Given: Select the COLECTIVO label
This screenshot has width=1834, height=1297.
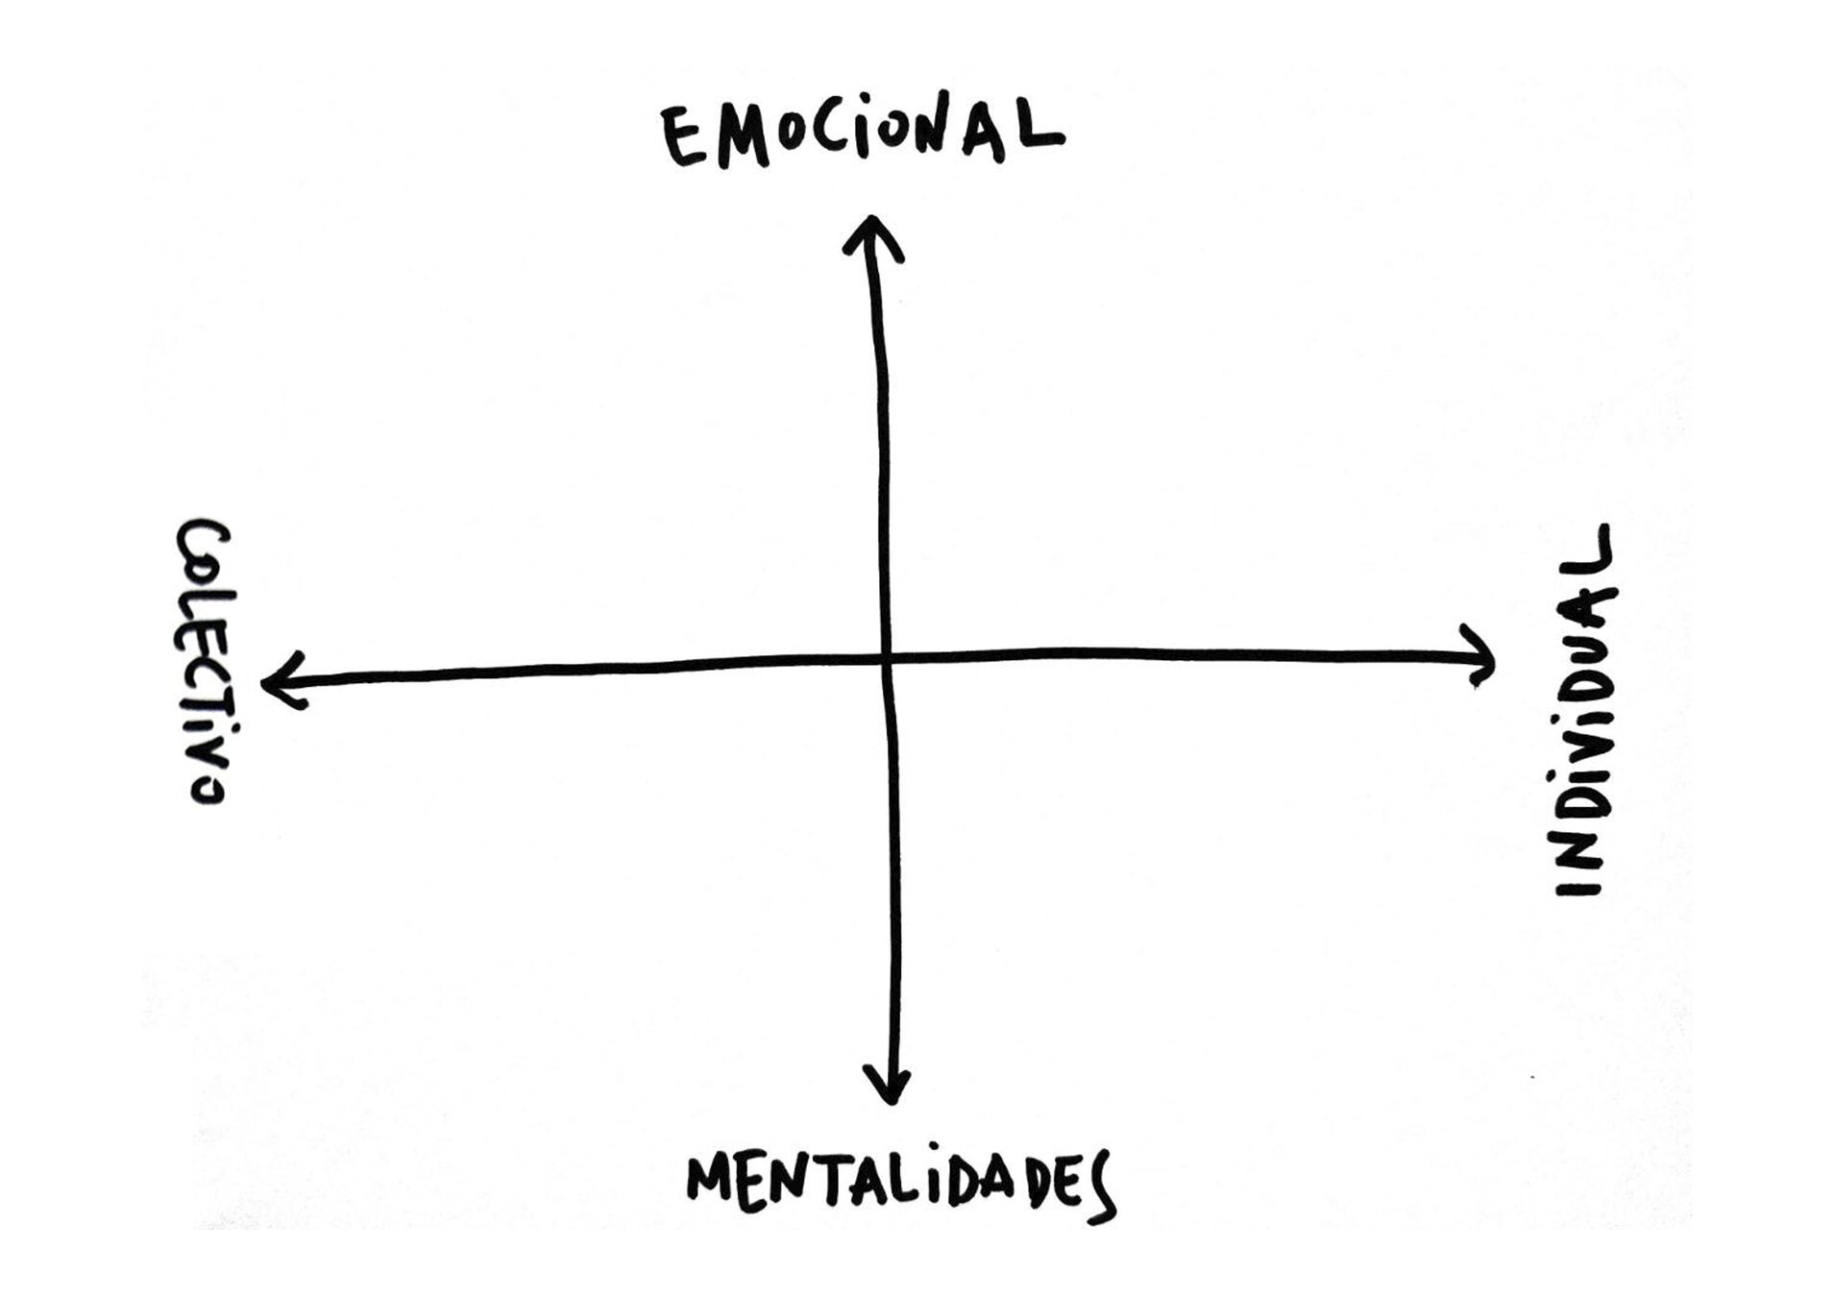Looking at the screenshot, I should point(203,662).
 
